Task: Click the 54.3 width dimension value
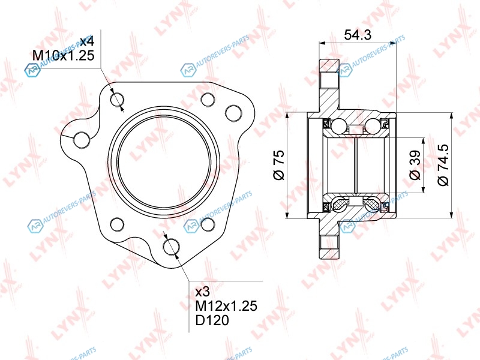click(358, 35)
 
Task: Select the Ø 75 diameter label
click(279, 165)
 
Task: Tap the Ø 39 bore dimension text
click(415, 165)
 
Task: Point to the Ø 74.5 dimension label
click(443, 165)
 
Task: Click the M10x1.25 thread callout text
click(64, 55)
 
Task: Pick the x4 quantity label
click(86, 41)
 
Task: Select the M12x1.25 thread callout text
click(226, 306)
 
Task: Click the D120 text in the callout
click(212, 320)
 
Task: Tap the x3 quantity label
click(202, 292)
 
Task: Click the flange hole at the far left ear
click(82, 140)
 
